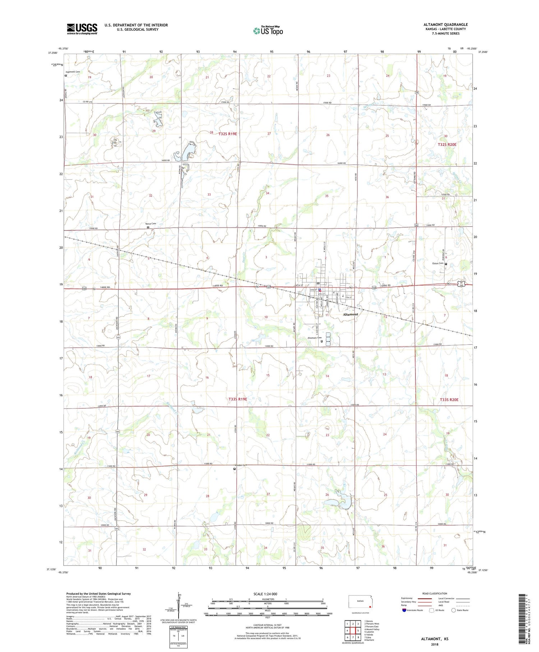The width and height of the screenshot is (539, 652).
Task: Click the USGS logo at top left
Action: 82,29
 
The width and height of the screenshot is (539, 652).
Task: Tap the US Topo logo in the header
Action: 268,31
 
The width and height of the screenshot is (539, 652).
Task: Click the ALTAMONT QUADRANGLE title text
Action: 445,24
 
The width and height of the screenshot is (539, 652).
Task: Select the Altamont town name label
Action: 350,314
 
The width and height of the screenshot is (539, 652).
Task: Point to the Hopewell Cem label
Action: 73,72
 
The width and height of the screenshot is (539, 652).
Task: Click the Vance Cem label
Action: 151,224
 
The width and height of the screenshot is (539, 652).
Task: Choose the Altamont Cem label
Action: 314,338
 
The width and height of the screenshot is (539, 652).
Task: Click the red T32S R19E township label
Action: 227,134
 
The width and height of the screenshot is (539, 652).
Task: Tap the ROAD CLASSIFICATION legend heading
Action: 435,593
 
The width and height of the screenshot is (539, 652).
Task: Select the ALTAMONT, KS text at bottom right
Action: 434,639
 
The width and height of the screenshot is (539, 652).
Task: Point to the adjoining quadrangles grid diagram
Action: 353,631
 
